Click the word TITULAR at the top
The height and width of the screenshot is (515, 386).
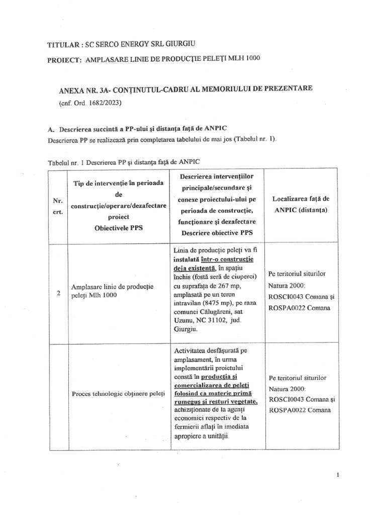pos(63,45)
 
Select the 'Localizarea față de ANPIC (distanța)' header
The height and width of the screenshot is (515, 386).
pos(301,205)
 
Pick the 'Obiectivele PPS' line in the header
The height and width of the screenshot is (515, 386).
pos(119,227)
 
